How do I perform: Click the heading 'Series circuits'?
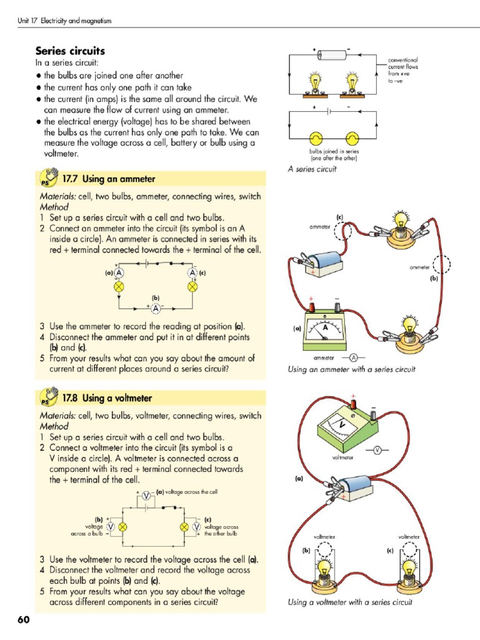tap(70, 51)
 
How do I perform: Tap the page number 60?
tap(24, 619)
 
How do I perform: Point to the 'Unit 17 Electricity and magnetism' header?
tap(64, 22)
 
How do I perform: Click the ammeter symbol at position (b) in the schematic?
tap(155, 309)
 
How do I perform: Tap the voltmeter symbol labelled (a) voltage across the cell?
tap(146, 496)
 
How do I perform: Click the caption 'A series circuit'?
tap(312, 169)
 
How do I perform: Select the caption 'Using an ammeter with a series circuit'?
tap(351, 369)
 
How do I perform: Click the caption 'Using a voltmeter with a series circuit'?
tap(350, 602)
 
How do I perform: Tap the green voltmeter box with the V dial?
tap(346, 429)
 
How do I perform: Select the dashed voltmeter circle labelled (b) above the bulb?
tap(324, 551)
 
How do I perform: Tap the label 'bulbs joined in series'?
tap(334, 154)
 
